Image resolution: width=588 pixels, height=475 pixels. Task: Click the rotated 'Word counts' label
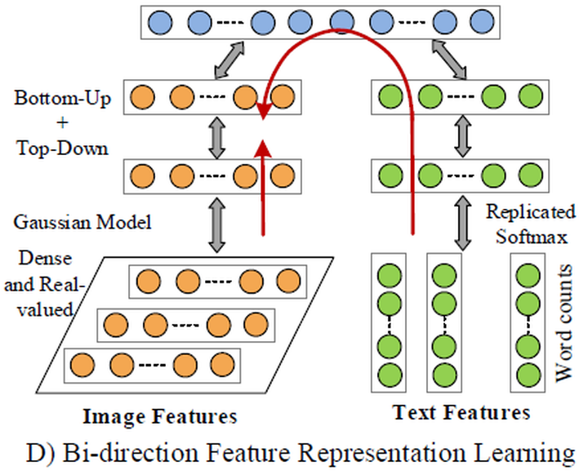pyautogui.click(x=566, y=322)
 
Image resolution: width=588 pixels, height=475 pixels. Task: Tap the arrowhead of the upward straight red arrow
pyautogui.click(x=263, y=147)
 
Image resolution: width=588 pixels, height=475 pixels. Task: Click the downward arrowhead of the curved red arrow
pyautogui.click(x=263, y=110)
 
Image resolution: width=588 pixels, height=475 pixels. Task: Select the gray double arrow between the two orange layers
pyautogui.click(x=216, y=136)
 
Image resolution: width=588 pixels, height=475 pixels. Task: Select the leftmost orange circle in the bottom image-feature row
pyautogui.click(x=82, y=363)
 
